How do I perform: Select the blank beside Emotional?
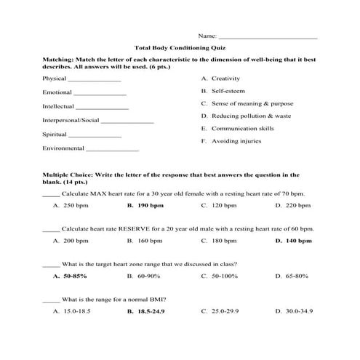tap(100, 94)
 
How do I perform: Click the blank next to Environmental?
tap(112, 149)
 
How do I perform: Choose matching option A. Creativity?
tap(225, 78)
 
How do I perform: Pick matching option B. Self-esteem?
tap(228, 91)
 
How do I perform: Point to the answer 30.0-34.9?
tap(299, 311)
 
